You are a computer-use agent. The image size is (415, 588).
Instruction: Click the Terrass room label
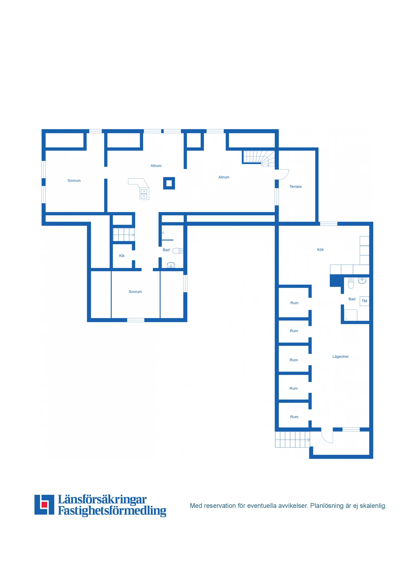coord(295,186)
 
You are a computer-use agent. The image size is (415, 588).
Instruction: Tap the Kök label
coord(320,249)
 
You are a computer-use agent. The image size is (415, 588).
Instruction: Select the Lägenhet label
coord(340,356)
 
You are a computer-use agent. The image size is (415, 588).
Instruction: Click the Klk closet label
coord(122,256)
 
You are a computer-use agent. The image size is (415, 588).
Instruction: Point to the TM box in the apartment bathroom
coord(364,301)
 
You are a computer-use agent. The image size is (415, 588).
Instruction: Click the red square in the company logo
coord(44,505)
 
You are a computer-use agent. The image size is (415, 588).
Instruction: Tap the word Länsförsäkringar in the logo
coord(102,499)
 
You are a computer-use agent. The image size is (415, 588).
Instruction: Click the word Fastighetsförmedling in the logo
coord(112,511)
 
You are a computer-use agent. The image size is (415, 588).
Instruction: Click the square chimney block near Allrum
coord(169,183)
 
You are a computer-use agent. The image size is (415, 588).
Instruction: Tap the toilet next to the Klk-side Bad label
coord(178,250)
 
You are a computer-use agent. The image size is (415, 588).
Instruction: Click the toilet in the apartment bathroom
coord(351,283)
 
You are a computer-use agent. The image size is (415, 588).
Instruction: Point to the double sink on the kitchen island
coord(144,194)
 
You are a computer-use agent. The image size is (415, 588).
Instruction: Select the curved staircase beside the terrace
coord(259,157)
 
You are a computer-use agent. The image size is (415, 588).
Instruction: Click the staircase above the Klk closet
coord(124,234)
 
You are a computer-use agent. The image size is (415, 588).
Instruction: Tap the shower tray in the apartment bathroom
coord(351,315)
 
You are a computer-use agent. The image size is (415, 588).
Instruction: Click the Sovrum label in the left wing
coord(74,181)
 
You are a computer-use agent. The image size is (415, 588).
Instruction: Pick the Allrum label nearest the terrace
coord(224,177)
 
